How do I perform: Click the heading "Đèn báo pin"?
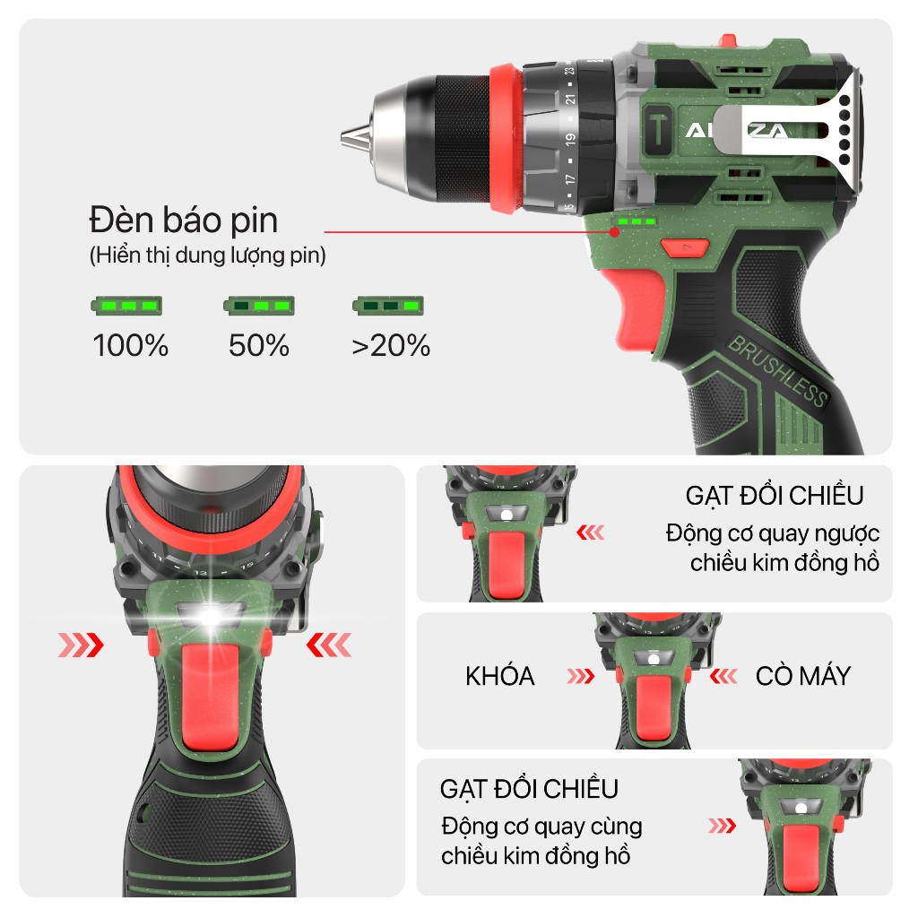point(183,221)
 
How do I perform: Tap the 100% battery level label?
point(131,345)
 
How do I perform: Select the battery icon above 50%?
point(259,306)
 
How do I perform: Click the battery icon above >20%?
point(387,306)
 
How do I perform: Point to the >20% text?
point(391,345)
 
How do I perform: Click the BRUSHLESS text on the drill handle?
point(777,370)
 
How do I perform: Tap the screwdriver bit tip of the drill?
point(345,139)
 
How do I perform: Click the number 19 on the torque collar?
point(569,140)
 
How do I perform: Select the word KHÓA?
point(500,676)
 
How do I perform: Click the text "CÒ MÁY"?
point(802,676)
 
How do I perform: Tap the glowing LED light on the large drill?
point(210,617)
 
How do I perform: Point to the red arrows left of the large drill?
point(81,645)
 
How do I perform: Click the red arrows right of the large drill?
point(329,645)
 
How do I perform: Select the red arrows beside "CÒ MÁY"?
point(723,677)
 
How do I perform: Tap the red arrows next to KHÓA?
point(581,677)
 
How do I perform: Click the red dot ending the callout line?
point(614,232)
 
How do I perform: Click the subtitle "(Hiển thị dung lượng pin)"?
point(208,255)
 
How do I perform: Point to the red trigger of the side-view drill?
point(637,307)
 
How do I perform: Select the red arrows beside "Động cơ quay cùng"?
point(723,826)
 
